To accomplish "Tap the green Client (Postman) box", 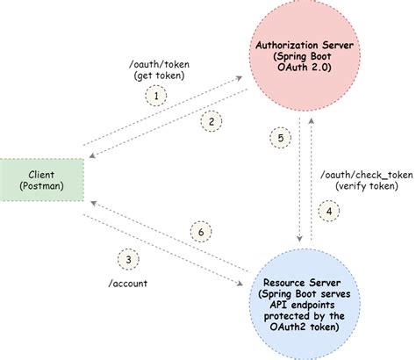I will tap(40, 179).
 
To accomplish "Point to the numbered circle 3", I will tap(129, 260).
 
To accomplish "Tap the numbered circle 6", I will tap(200, 231).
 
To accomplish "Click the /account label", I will tap(130, 285).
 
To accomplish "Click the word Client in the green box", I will tap(40, 173).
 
